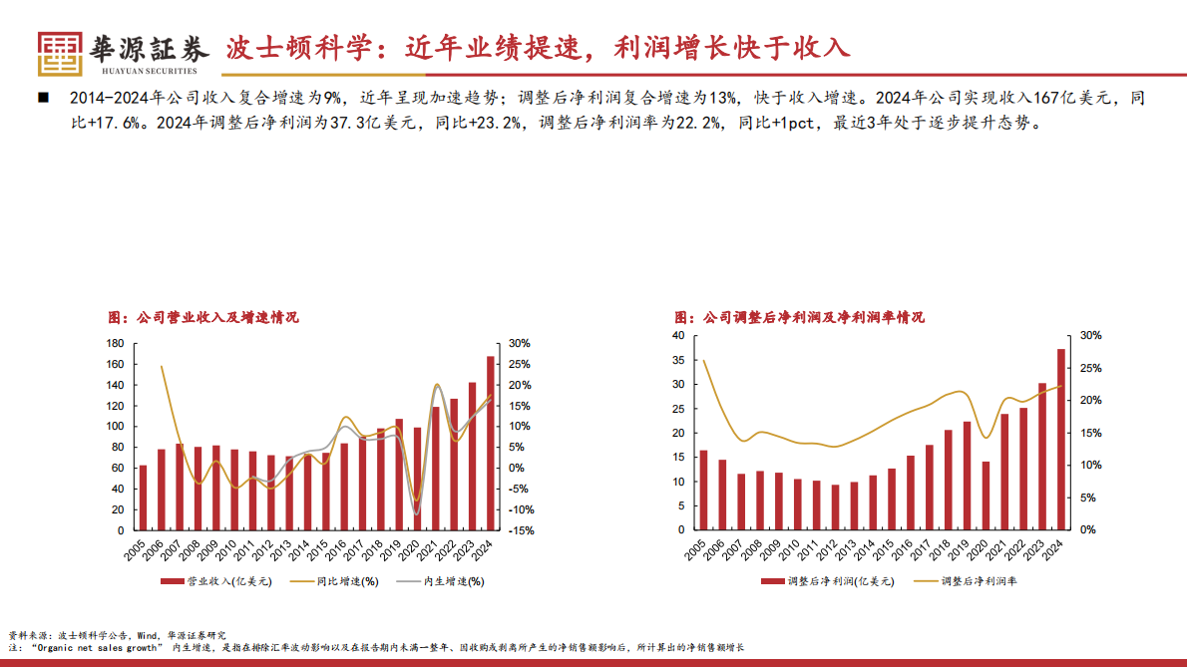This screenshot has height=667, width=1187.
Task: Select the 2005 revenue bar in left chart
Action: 143,497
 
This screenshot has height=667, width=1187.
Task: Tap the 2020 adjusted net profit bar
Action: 986,496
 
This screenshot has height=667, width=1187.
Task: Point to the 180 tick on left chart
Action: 114,344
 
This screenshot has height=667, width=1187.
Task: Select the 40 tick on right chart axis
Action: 677,336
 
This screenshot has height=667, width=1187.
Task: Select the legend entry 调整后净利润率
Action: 979,580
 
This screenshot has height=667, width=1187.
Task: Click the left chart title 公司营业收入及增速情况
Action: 203,317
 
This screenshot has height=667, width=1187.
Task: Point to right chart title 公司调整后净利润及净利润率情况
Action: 800,317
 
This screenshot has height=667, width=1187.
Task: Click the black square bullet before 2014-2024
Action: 43,98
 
